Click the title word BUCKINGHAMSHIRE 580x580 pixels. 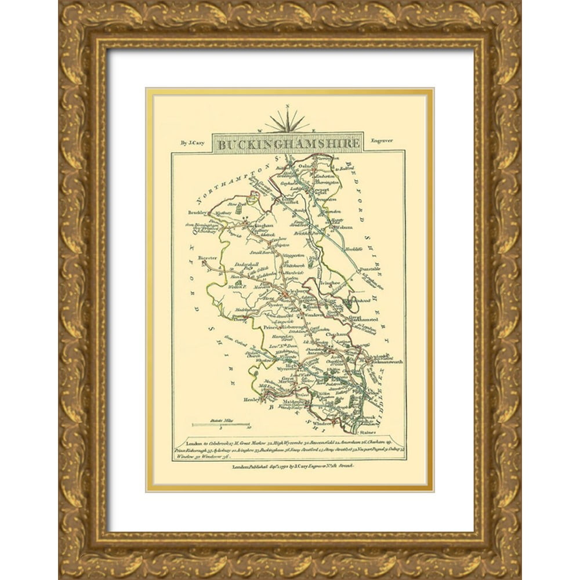coord(287,142)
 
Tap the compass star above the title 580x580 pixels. coord(287,120)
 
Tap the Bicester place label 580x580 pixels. coord(207,257)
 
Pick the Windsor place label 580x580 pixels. coord(322,423)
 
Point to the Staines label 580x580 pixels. coord(367,433)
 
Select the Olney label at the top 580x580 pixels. coord(305,164)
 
